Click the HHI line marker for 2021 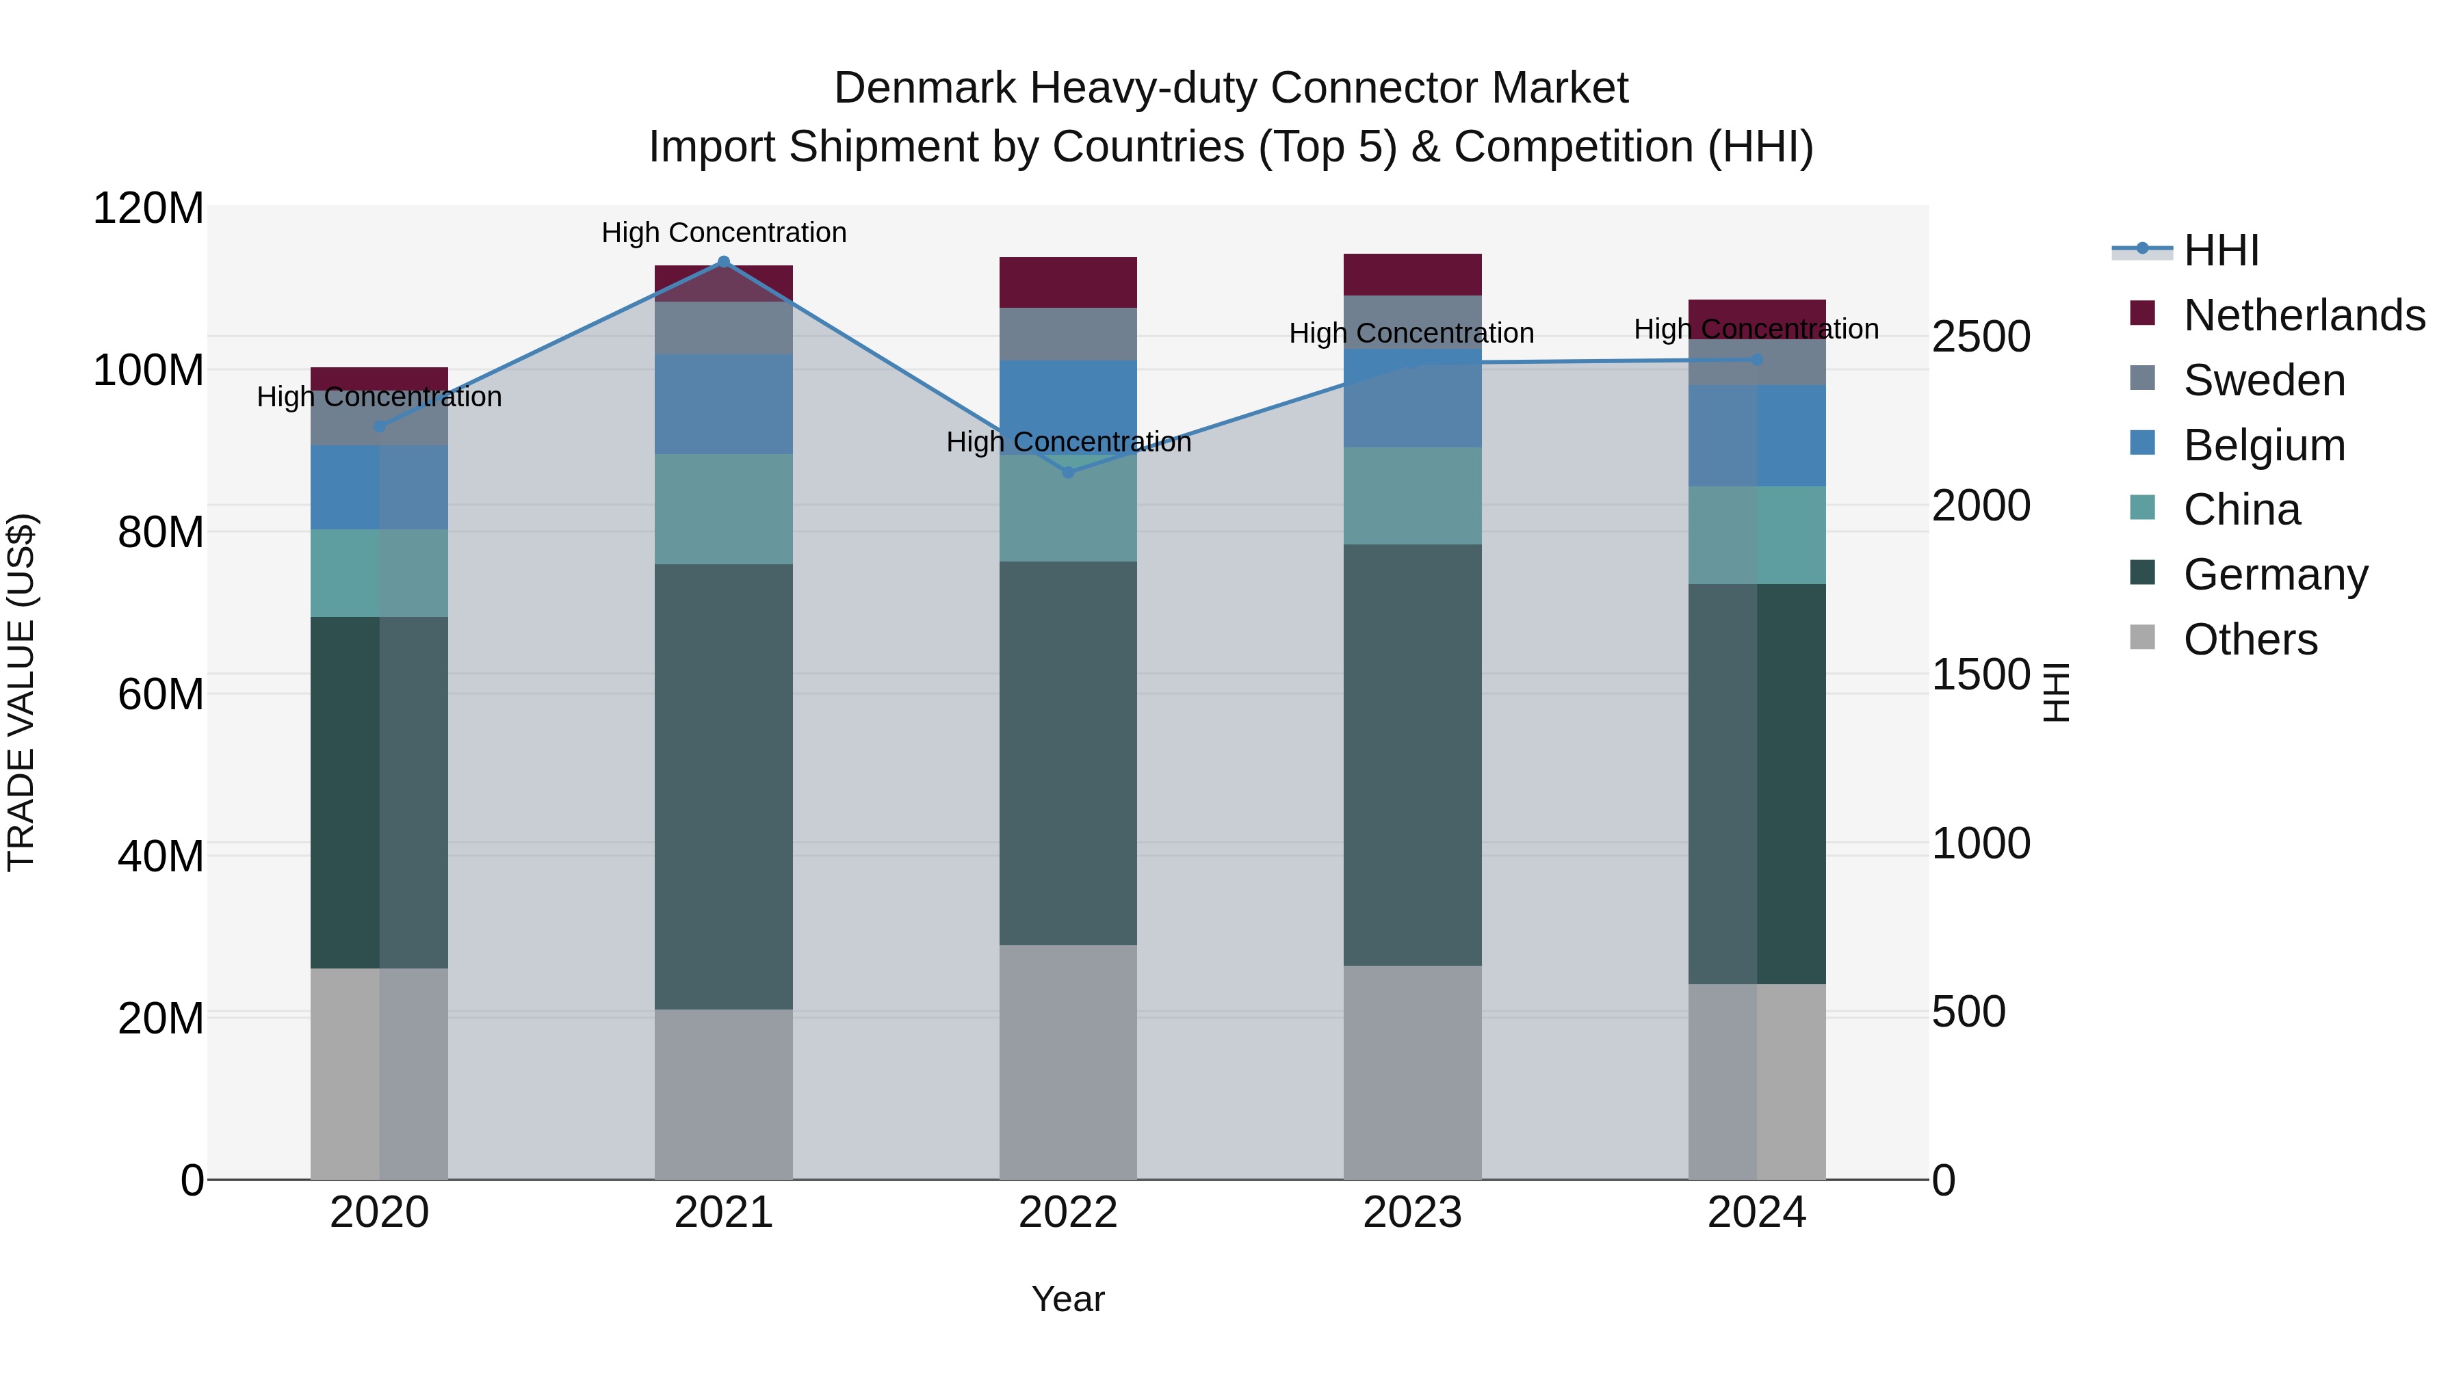724,262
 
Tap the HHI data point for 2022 1068,472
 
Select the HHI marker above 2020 380,426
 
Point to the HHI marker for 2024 1756,359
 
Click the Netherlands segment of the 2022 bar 1068,282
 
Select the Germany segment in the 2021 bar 724,786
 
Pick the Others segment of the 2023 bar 1412,1072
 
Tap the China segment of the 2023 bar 1412,495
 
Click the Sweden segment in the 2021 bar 724,328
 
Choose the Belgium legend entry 2263,445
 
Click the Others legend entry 2250,639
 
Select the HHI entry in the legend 2220,250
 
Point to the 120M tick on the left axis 148,209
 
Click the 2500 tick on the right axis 1980,337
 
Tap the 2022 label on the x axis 1068,1213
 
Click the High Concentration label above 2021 724,233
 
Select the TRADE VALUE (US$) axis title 21,692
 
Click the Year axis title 1068,1299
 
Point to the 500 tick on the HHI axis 1968,1012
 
